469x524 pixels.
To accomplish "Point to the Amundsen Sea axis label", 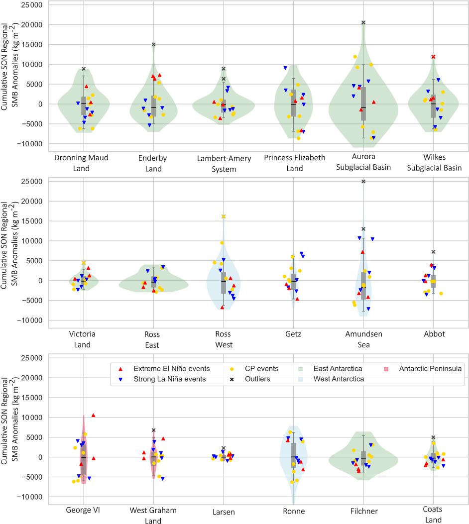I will click(363, 339).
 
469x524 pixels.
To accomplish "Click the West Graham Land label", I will click(153, 516).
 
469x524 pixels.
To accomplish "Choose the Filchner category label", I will click(363, 511).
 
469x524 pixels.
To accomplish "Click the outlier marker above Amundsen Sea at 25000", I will click(363, 182).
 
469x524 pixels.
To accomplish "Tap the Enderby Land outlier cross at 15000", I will click(154, 44).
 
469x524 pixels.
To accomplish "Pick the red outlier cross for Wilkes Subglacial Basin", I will click(433, 57).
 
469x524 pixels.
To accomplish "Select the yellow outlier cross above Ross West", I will click(224, 216).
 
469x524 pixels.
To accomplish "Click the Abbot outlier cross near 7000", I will click(433, 252).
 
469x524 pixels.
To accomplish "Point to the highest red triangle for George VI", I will click(93, 415).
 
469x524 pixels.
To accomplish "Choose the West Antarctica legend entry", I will click(333, 379).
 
